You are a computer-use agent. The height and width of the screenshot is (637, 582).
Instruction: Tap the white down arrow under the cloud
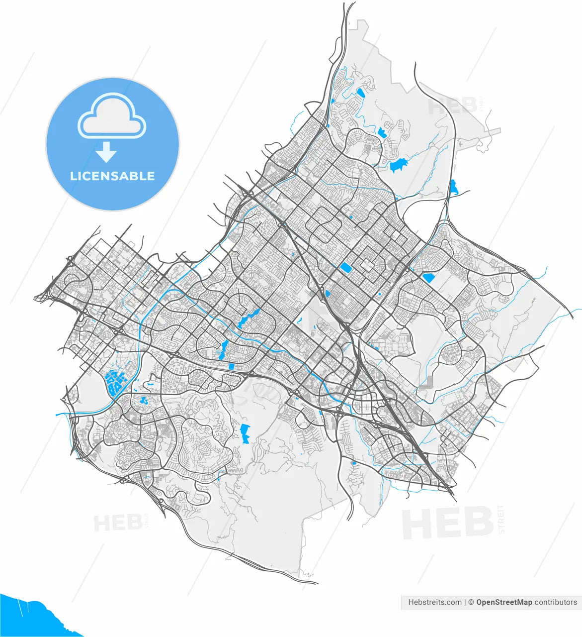(x=106, y=152)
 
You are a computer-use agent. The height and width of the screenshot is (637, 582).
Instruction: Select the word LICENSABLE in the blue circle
(x=112, y=176)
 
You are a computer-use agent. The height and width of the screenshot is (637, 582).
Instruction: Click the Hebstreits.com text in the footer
(x=434, y=602)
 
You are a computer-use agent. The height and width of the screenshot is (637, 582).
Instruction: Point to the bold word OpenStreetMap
(x=504, y=602)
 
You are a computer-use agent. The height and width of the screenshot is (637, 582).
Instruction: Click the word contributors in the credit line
(x=556, y=602)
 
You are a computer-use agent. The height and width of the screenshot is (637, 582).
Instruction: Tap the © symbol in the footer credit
(x=471, y=602)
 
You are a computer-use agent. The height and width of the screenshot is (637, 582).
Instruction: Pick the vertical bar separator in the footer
(x=465, y=602)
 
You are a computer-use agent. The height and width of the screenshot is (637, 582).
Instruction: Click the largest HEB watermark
(x=447, y=522)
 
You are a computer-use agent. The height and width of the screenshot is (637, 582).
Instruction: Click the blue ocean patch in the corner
(x=30, y=617)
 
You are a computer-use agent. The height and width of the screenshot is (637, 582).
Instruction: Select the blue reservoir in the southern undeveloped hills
(x=245, y=433)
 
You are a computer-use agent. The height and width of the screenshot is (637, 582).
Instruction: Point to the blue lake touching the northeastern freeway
(x=453, y=187)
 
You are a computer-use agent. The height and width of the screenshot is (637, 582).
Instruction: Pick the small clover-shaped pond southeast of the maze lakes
(x=144, y=400)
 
